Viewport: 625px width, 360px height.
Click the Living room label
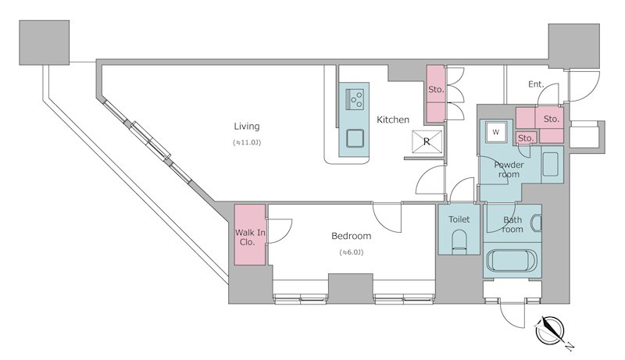[x=247, y=127]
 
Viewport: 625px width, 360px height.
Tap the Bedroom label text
[x=351, y=236]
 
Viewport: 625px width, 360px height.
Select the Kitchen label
[x=393, y=119]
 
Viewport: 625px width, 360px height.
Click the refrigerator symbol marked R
[x=427, y=141]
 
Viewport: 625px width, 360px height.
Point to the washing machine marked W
[x=496, y=132]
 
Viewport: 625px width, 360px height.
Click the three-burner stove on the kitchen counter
[x=354, y=99]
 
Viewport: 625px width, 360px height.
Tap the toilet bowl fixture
[x=459, y=242]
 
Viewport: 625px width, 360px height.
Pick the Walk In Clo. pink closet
[x=250, y=234]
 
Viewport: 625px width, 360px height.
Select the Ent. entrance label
[x=536, y=84]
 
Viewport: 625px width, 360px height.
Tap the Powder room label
[x=509, y=169]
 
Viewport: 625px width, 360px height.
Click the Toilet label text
[x=459, y=219]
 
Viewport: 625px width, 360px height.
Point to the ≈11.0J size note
[x=247, y=142]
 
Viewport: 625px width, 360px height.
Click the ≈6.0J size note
[x=351, y=252]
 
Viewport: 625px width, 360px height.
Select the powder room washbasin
[x=551, y=165]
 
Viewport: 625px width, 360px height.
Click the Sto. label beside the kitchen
[x=436, y=90]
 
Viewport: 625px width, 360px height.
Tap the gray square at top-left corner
[x=45, y=43]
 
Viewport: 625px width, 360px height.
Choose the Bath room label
[x=512, y=225]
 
